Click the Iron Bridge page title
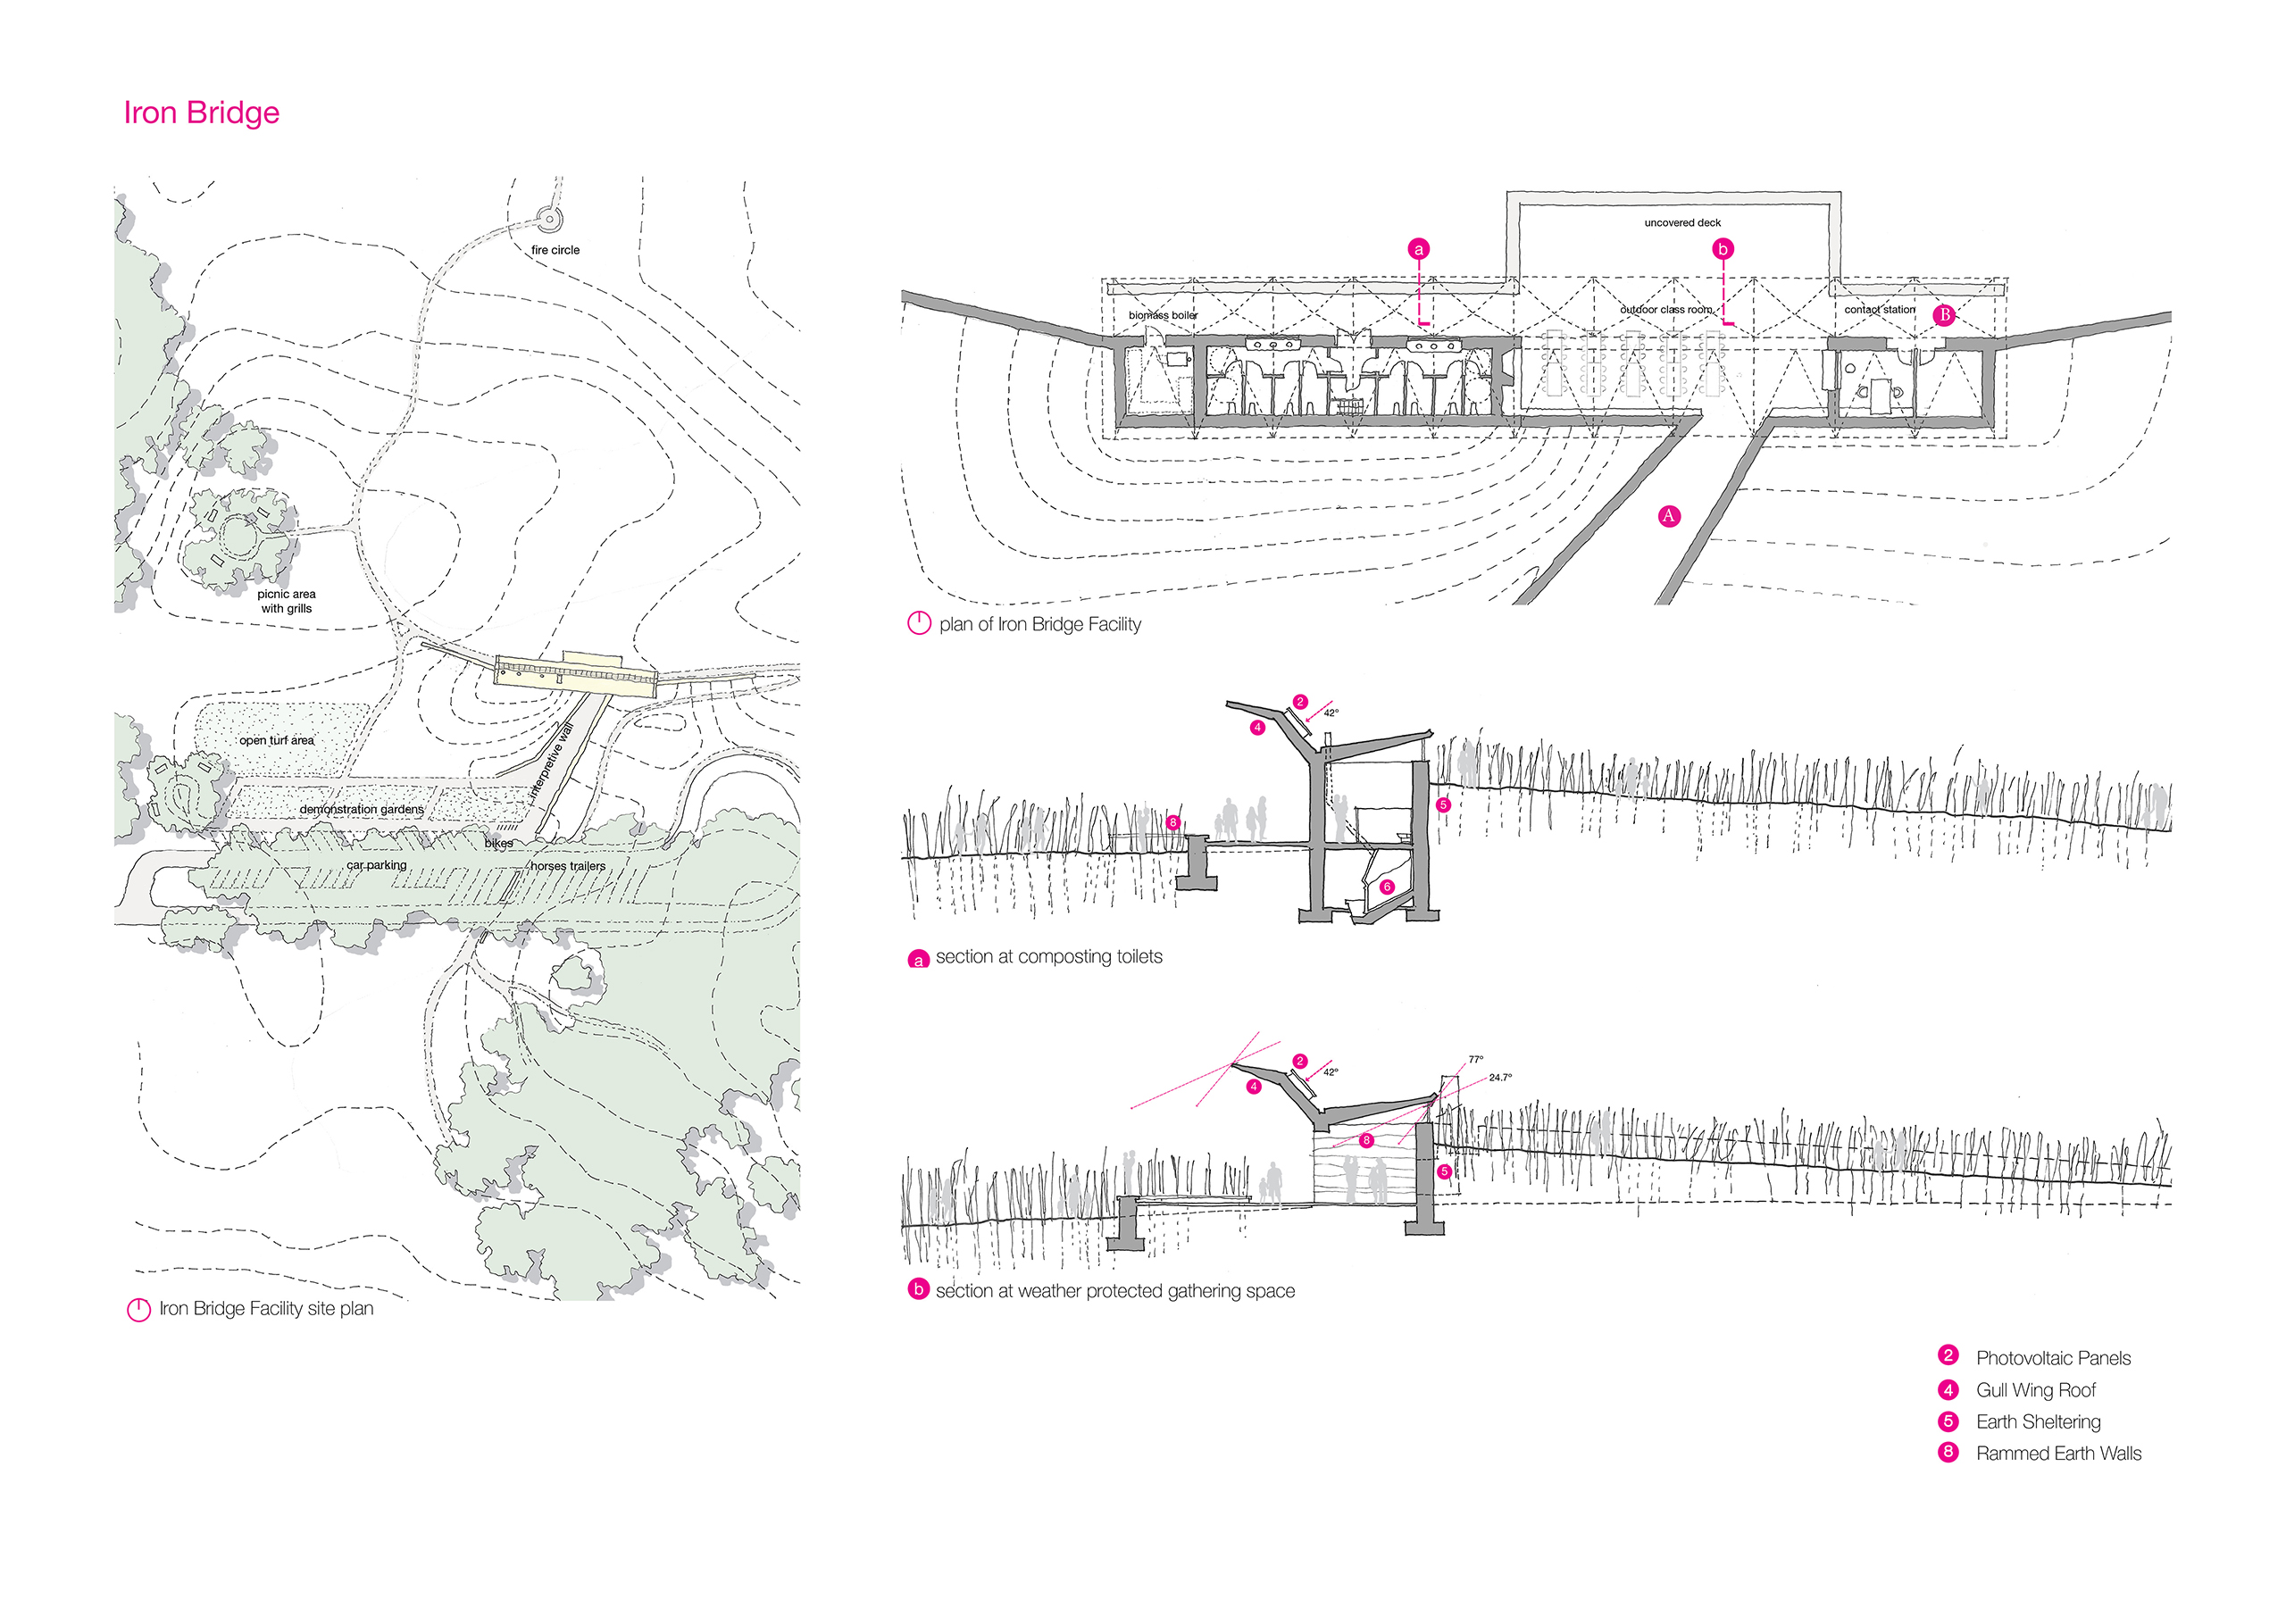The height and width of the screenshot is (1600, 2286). [x=201, y=112]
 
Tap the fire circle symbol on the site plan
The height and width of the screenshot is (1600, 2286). [x=546, y=218]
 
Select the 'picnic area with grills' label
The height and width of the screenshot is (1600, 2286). [x=286, y=602]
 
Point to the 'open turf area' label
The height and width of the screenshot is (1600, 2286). [x=277, y=741]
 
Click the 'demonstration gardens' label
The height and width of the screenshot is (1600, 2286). [x=362, y=810]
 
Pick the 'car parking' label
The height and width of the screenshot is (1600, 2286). [x=376, y=865]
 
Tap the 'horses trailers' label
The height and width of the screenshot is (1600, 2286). [x=568, y=866]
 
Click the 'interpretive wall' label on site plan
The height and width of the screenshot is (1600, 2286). [x=552, y=764]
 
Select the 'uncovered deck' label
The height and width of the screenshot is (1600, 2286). [x=1681, y=223]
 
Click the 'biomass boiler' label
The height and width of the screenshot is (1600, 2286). [x=1163, y=315]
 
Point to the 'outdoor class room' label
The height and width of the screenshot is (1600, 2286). [x=1665, y=310]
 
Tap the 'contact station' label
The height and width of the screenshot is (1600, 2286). [x=1879, y=310]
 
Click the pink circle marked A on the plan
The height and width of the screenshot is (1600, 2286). [x=1669, y=516]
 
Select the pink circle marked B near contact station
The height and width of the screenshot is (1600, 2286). [x=1943, y=314]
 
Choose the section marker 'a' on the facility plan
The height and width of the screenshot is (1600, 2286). [x=1419, y=249]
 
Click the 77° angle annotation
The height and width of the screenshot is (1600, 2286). [x=1475, y=1059]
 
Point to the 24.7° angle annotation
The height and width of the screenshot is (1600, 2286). [x=1499, y=1078]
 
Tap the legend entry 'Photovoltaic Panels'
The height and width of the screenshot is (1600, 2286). [x=2053, y=1358]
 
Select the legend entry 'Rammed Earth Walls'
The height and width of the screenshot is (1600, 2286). [x=2058, y=1454]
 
